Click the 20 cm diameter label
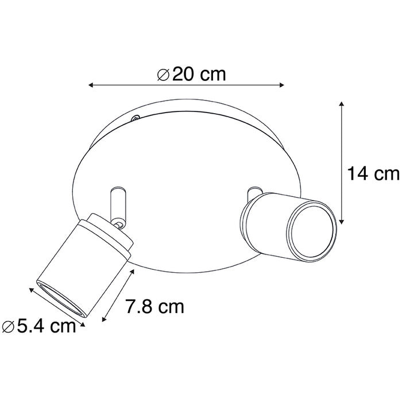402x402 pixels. pos(192,74)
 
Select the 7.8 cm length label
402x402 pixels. pos(154,307)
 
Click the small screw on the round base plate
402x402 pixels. pos(135,119)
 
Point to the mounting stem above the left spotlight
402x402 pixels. pos(116,200)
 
